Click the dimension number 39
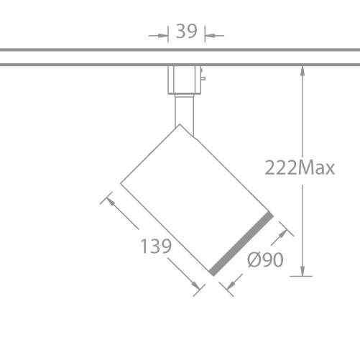pyautogui.click(x=186, y=32)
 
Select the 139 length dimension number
pyautogui.click(x=156, y=246)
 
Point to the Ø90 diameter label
pyautogui.click(x=264, y=261)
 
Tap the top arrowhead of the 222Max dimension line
pyautogui.click(x=305, y=70)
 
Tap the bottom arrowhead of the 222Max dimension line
pyautogui.click(x=305, y=270)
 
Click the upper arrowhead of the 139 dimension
pyautogui.click(x=111, y=201)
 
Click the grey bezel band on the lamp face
pyautogui.click(x=241, y=244)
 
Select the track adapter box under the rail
pyautogui.click(x=183, y=79)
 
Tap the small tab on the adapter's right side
pyautogui.click(x=203, y=78)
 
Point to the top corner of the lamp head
pyautogui.click(x=179, y=125)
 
